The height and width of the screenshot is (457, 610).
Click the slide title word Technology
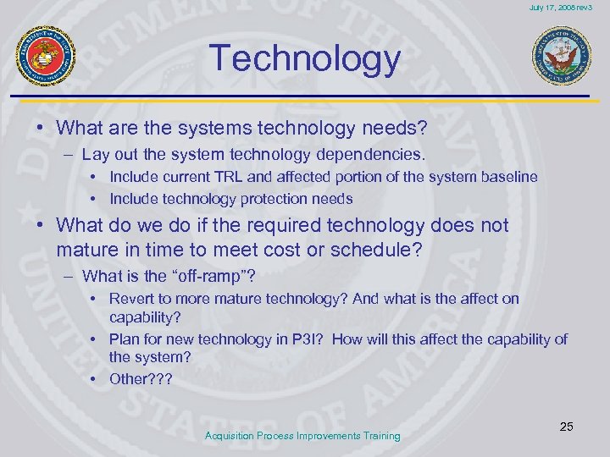tap(305, 58)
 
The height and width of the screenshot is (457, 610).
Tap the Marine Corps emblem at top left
tap(47, 56)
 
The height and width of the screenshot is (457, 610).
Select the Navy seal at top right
tap(562, 57)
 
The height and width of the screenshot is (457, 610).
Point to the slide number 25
tap(566, 427)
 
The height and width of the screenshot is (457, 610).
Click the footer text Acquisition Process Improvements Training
tap(302, 436)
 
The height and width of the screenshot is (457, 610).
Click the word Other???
tap(140, 378)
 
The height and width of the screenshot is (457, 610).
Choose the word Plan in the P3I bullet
tap(124, 339)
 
